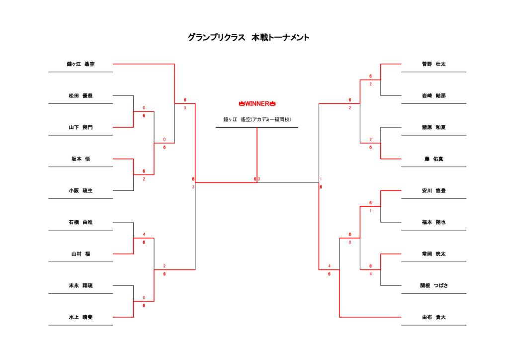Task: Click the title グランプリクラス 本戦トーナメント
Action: click(249, 38)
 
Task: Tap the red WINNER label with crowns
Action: click(257, 103)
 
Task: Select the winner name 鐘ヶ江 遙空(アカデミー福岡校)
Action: click(257, 119)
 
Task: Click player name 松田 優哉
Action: click(81, 95)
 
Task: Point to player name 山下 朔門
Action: click(81, 127)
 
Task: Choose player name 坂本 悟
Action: click(81, 159)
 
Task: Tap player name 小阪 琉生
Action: click(81, 190)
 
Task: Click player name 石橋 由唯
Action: click(81, 222)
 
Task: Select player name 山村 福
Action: click(81, 254)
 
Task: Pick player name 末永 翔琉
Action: click(81, 286)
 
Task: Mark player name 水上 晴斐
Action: click(81, 317)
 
